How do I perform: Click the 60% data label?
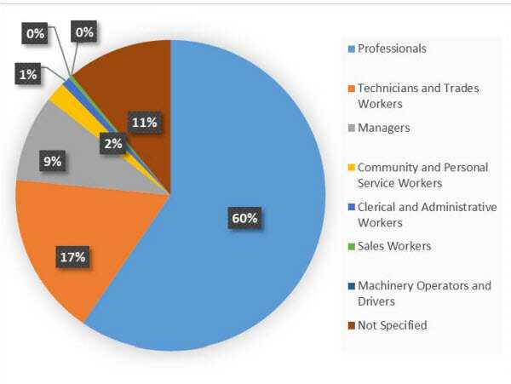pyautogui.click(x=244, y=218)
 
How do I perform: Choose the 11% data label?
pyautogui.click(x=143, y=122)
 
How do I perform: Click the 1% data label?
pyautogui.click(x=28, y=75)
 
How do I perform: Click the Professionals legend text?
pyautogui.click(x=392, y=49)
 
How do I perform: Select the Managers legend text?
pyautogui.click(x=383, y=128)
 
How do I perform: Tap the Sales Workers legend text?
pyautogui.click(x=394, y=246)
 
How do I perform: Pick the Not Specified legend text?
pyautogui.click(x=393, y=324)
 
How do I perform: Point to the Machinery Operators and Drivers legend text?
pyautogui.click(x=424, y=293)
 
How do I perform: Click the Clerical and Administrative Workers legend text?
pyautogui.click(x=426, y=214)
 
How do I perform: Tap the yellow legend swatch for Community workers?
pyautogui.click(x=351, y=168)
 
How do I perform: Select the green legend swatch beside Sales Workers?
pyautogui.click(x=351, y=247)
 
